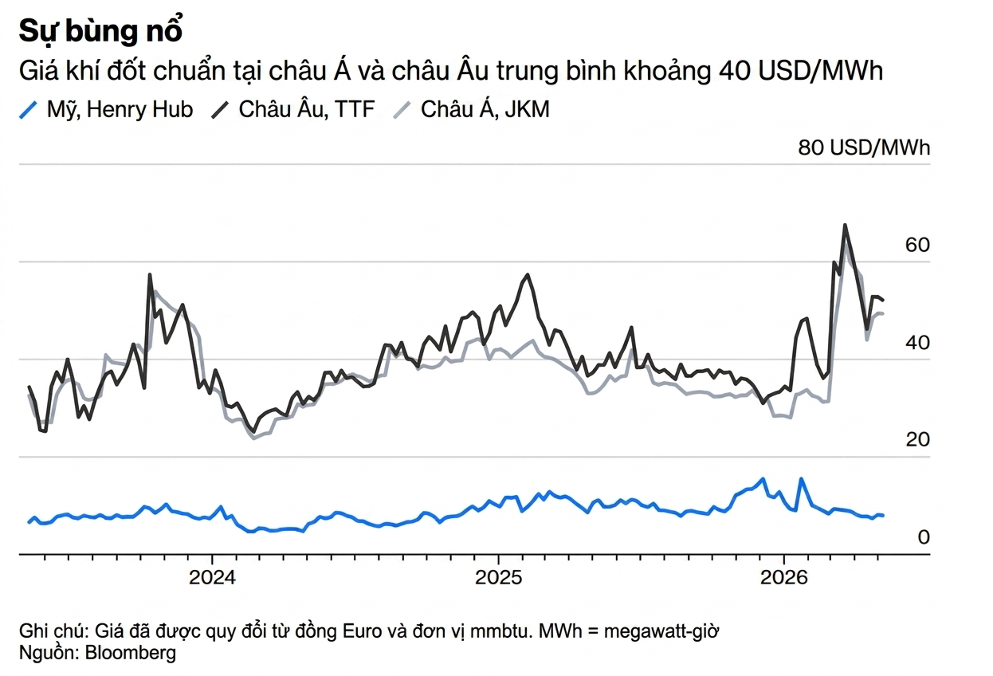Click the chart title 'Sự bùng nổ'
coord(100,31)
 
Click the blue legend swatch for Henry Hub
coord(28,110)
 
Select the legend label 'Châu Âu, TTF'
coord(307,109)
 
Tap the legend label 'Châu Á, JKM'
coord(485,109)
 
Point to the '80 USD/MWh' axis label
coord(864,147)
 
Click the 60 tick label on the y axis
coord(917,245)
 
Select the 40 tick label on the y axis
coord(917,343)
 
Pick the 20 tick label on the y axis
coord(917,439)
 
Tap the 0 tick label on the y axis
coord(924,537)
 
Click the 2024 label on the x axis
coord(212,577)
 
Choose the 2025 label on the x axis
coord(499,577)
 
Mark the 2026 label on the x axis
coord(784,577)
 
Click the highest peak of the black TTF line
coord(845,225)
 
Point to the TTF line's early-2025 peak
coord(528,274)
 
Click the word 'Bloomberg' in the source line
coord(131,653)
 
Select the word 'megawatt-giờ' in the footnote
coord(661,631)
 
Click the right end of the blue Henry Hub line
coord(883,516)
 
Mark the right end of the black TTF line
coord(883,301)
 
